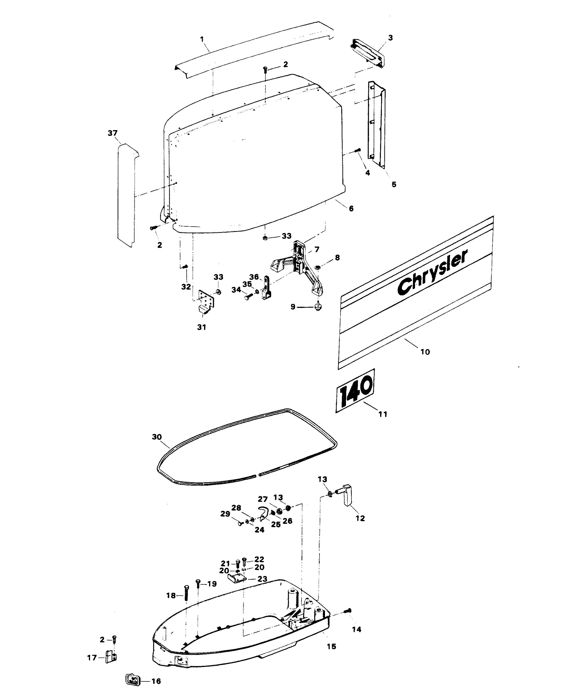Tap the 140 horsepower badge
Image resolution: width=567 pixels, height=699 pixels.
coord(355,391)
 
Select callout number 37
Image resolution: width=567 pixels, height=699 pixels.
coord(113,133)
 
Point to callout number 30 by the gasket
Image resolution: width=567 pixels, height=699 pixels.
coord(157,437)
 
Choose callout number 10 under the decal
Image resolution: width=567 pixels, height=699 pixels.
coord(425,352)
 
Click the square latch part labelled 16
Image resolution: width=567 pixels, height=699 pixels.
coord(133,680)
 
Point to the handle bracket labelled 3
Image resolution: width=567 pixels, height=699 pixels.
coord(368,54)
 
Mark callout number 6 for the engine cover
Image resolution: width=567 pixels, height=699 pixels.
coord(351,208)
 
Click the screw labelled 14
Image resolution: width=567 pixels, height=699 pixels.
coord(348,611)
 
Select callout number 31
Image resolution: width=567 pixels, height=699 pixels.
coord(202,327)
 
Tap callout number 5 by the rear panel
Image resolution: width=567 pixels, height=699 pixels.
coord(394,184)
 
